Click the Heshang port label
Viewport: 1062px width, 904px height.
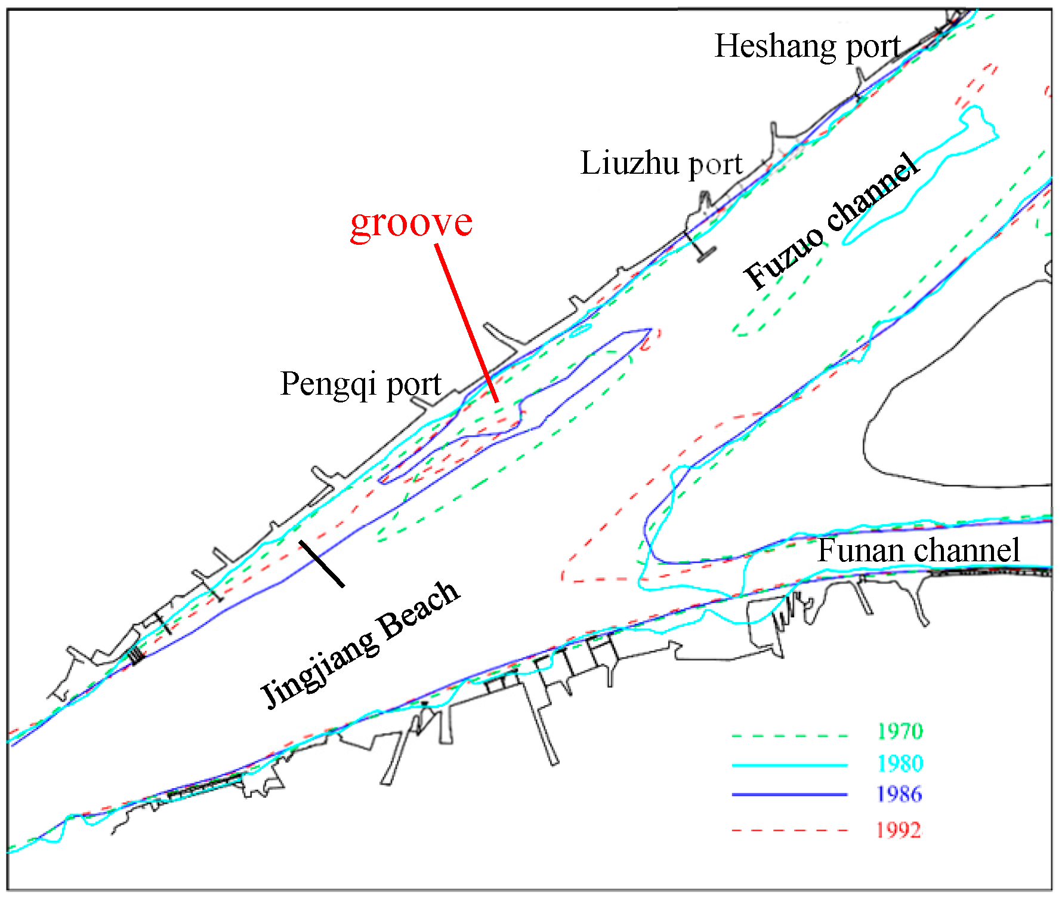point(807,47)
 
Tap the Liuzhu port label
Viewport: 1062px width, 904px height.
point(661,164)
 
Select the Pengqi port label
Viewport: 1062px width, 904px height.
point(360,384)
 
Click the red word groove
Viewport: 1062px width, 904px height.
point(411,223)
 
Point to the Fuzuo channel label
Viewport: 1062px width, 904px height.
point(831,222)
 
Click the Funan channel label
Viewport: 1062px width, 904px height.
point(918,551)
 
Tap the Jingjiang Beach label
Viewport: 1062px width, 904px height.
point(360,645)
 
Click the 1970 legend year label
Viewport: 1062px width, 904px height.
point(900,731)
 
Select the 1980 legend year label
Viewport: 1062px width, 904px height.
point(900,764)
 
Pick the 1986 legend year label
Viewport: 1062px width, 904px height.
point(900,795)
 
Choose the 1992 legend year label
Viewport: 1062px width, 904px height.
point(899,830)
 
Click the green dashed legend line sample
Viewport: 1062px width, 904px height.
point(789,736)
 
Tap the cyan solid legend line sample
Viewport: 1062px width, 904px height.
point(789,765)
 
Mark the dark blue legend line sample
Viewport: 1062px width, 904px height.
point(789,795)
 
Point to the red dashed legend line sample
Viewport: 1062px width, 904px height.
point(789,830)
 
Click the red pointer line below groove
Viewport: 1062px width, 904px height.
point(467,323)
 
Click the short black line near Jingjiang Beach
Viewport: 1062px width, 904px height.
point(322,564)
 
